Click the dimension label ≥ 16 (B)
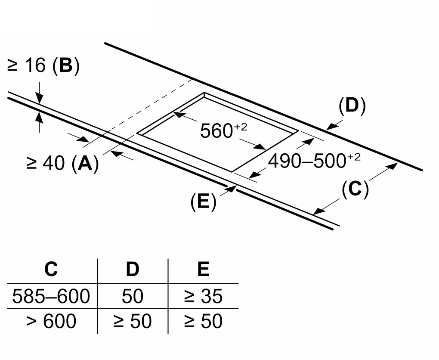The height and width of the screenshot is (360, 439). click(43, 66)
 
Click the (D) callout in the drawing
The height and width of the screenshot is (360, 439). click(352, 106)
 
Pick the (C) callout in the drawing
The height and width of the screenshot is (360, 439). click(355, 189)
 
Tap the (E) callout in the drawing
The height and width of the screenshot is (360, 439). click(204, 201)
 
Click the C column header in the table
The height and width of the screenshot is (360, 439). click(51, 269)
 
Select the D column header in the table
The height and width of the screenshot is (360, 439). click(133, 269)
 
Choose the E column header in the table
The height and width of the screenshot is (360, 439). click(203, 269)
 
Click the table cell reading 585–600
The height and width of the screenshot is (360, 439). click(51, 296)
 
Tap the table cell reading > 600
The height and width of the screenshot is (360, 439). click(51, 321)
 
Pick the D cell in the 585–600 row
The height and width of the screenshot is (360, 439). click(133, 296)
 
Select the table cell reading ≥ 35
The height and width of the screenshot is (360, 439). click(203, 296)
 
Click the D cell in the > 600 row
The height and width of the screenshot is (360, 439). click(133, 321)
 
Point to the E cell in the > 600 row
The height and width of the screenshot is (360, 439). click(203, 321)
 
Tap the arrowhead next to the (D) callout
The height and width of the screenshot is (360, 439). click(331, 127)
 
